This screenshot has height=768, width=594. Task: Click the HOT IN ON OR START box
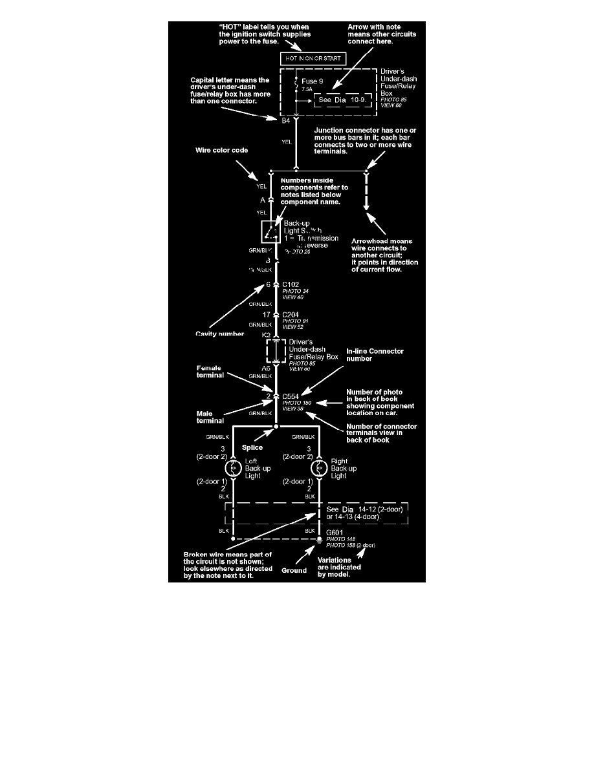[313, 59]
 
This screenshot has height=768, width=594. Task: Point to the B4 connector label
[285, 120]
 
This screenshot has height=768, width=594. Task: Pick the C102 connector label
[291, 284]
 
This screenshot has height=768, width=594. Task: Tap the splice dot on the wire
[276, 427]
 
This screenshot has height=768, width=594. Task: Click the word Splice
[252, 446]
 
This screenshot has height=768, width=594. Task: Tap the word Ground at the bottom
[294, 570]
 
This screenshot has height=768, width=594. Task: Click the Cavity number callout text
[219, 334]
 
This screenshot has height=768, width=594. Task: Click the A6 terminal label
[265, 368]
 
